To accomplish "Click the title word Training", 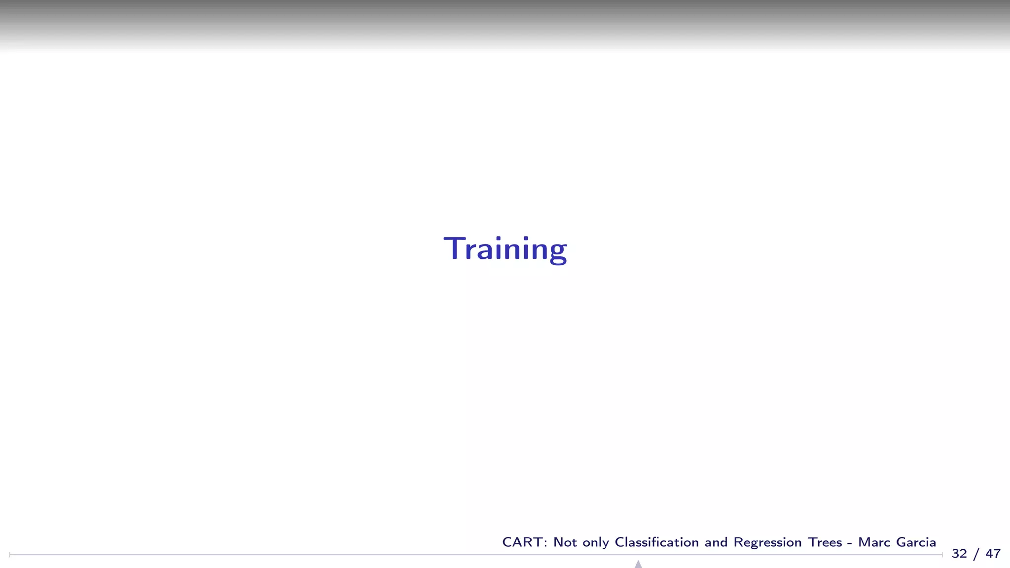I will coord(505,249).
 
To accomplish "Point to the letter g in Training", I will coord(558,251).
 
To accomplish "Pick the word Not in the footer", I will coord(565,542).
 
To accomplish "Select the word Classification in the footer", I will coord(656,542).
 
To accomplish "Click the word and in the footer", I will coord(716,542).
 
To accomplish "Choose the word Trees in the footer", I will coord(825,542).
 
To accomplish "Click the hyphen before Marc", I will coord(850,543).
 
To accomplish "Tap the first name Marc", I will coord(874,542).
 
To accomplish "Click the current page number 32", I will coord(959,554).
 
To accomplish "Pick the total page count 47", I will coord(993,554).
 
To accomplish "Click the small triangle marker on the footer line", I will coord(638,564).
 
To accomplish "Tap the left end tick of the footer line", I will coord(10,555).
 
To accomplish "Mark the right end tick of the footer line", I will coord(942,555).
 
